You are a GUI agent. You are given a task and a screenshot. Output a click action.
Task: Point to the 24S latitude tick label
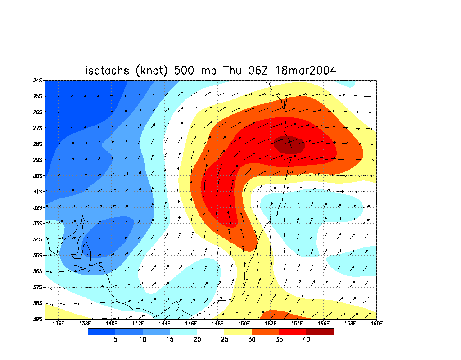37,81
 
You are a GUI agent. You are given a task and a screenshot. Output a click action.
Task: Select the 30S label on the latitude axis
37,176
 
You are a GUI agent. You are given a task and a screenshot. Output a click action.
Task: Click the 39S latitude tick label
37,319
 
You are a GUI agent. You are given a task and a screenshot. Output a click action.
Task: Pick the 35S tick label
37,256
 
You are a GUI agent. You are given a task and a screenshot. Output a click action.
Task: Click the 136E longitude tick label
58,323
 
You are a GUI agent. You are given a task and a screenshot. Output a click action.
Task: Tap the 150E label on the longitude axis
244,323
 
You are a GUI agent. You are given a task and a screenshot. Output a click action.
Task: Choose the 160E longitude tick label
376,323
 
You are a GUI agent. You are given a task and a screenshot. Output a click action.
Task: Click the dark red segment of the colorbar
320,332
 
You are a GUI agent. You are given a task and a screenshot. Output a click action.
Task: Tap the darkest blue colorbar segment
101,332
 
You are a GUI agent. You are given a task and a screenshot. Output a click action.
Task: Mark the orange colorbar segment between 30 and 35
266,332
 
